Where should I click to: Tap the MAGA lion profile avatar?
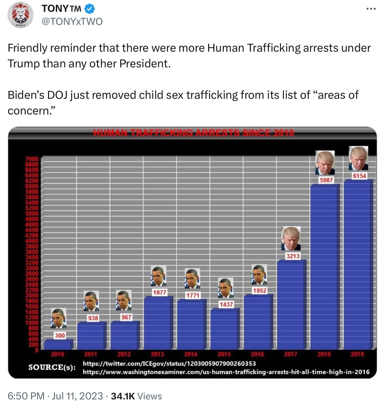pyautogui.click(x=21, y=15)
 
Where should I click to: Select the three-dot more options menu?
pyautogui.click(x=371, y=9)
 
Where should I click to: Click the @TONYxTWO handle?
pyautogui.click(x=72, y=21)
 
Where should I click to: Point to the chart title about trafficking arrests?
pyautogui.click(x=193, y=133)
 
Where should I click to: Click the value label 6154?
pyautogui.click(x=359, y=176)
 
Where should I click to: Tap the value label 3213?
pyautogui.click(x=292, y=256)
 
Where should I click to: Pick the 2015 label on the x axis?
pyautogui.click(x=224, y=354)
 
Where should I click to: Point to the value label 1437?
pyautogui.click(x=226, y=304)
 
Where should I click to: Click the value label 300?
pyautogui.click(x=60, y=335)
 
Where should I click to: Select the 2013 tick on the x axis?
pyautogui.click(x=157, y=354)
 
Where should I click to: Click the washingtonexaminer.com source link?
pyautogui.click(x=226, y=372)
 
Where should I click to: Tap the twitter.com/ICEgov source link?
pyautogui.click(x=169, y=363)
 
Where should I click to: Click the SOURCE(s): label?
pyautogui.click(x=52, y=367)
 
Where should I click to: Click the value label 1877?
pyautogui.click(x=159, y=292)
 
